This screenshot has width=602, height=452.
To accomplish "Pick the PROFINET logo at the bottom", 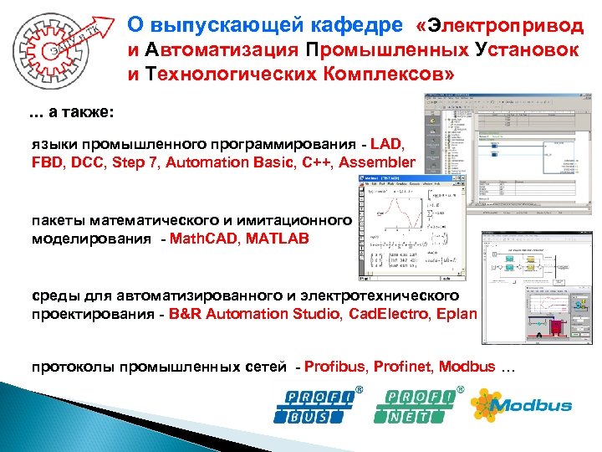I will pyautogui.click(x=420, y=406).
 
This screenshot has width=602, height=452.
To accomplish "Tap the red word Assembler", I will pyautogui.click(x=376, y=162).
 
